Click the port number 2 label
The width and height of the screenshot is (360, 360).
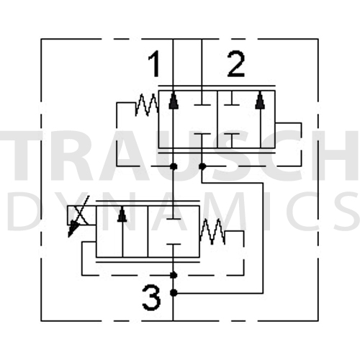click(236, 64)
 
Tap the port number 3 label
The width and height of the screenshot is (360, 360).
click(151, 298)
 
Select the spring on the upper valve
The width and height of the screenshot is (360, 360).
click(147, 105)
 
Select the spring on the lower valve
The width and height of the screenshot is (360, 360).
click(212, 232)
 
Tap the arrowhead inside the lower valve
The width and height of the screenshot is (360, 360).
click(122, 214)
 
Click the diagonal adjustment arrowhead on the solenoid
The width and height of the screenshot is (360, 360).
click(73, 229)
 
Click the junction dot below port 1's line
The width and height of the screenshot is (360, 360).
click(174, 166)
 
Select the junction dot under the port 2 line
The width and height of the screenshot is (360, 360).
click(202, 166)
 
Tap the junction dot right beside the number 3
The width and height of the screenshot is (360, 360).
click(174, 293)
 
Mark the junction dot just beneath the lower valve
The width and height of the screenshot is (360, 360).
click(174, 275)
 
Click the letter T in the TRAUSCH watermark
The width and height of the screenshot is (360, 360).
click(24, 156)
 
